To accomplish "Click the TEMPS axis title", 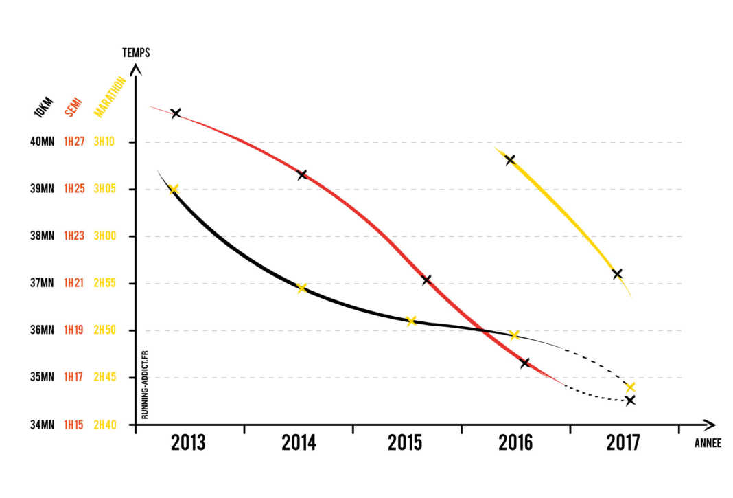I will click(136, 52).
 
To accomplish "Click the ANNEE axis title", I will click(708, 444).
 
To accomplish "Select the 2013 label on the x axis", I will click(188, 443).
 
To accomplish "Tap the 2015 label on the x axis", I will click(405, 443).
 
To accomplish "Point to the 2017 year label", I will click(623, 443).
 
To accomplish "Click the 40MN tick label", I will click(41, 142).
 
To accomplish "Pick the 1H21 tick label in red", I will click(73, 283).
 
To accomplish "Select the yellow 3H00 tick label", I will click(106, 236).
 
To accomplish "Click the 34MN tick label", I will click(41, 425).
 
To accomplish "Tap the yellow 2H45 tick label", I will click(106, 377).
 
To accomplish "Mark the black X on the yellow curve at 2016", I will click(510, 160).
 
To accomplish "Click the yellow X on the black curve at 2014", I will click(301, 288).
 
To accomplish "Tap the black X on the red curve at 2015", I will click(426, 280).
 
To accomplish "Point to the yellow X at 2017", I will click(630, 387).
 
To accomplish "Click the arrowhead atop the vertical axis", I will click(136, 68).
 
